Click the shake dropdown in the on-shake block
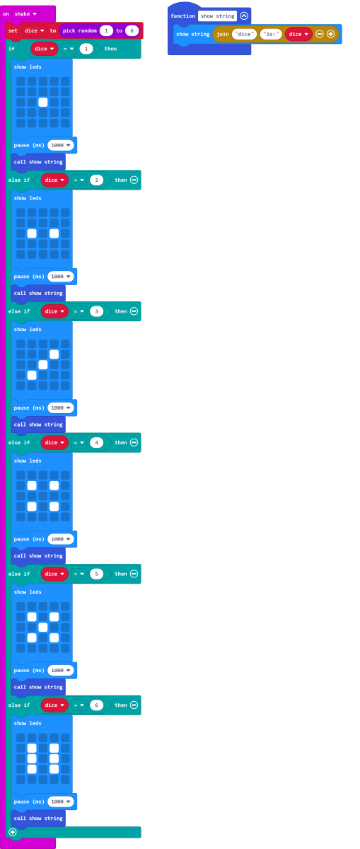[x=25, y=14]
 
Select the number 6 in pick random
[x=132, y=30]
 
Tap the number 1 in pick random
[x=106, y=30]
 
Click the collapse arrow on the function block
[x=244, y=16]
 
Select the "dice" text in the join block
[x=245, y=34]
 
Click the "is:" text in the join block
[x=271, y=34]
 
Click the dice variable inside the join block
[x=298, y=34]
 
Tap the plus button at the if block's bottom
[x=13, y=832]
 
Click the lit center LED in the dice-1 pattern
[x=43, y=102]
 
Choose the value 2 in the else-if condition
[x=96, y=180]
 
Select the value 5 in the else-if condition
[x=96, y=574]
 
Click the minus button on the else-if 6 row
[x=134, y=705]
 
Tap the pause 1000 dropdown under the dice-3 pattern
[x=61, y=408]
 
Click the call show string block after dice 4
[x=38, y=555]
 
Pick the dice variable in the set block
[x=35, y=30]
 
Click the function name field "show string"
[x=218, y=16]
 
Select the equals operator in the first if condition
[x=69, y=49]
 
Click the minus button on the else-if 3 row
[x=134, y=311]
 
